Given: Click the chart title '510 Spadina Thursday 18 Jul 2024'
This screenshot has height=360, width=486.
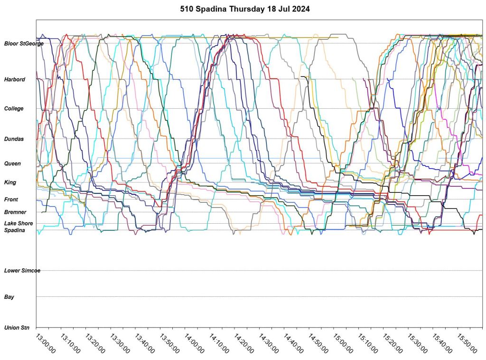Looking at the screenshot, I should pos(245,9).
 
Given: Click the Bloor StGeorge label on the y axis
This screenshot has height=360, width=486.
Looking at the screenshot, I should pos(24,44).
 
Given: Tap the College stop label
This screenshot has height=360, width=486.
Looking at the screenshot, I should pos(14,109).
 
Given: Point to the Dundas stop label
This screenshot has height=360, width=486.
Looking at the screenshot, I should pos(14,139).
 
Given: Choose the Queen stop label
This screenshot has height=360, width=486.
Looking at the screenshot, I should pos(12,163).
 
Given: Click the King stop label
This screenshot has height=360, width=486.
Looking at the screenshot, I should pos(10,182).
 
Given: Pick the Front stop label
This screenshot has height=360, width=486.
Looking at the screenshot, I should pos(11,199).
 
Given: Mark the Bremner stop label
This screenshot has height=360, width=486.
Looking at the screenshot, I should pos(15,212).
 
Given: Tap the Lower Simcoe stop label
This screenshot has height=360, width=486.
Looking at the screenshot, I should pos(22,271).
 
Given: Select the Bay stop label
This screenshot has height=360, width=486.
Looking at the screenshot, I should pos(9,297).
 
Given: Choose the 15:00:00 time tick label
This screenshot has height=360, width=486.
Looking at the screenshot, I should pos(342,343).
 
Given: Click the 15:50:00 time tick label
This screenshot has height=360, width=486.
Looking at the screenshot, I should pos(466,343).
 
